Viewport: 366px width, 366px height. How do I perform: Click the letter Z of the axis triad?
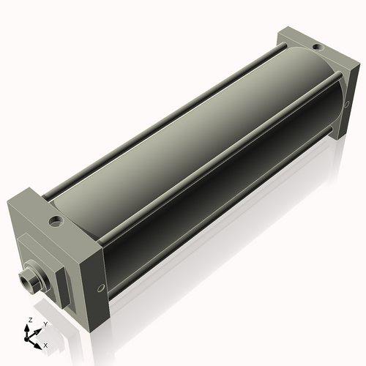pyautogui.click(x=29, y=321)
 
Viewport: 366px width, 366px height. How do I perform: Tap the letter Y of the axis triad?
pyautogui.click(x=45, y=323)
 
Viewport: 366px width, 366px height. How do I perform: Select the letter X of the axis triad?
pyautogui.click(x=45, y=344)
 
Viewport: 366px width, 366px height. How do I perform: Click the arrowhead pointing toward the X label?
pyautogui.click(x=39, y=342)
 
